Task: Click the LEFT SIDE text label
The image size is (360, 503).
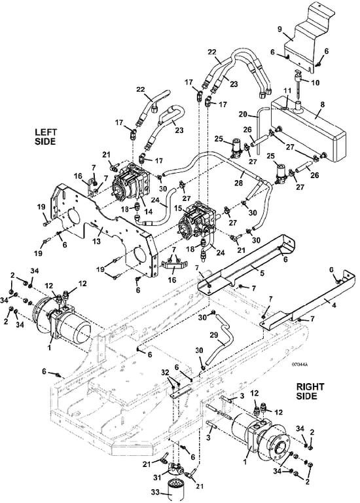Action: coord(46,137)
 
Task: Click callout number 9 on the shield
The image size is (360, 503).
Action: coord(279,29)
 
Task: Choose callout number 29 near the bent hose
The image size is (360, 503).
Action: coord(213,335)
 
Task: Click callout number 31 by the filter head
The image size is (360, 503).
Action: coord(157,477)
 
